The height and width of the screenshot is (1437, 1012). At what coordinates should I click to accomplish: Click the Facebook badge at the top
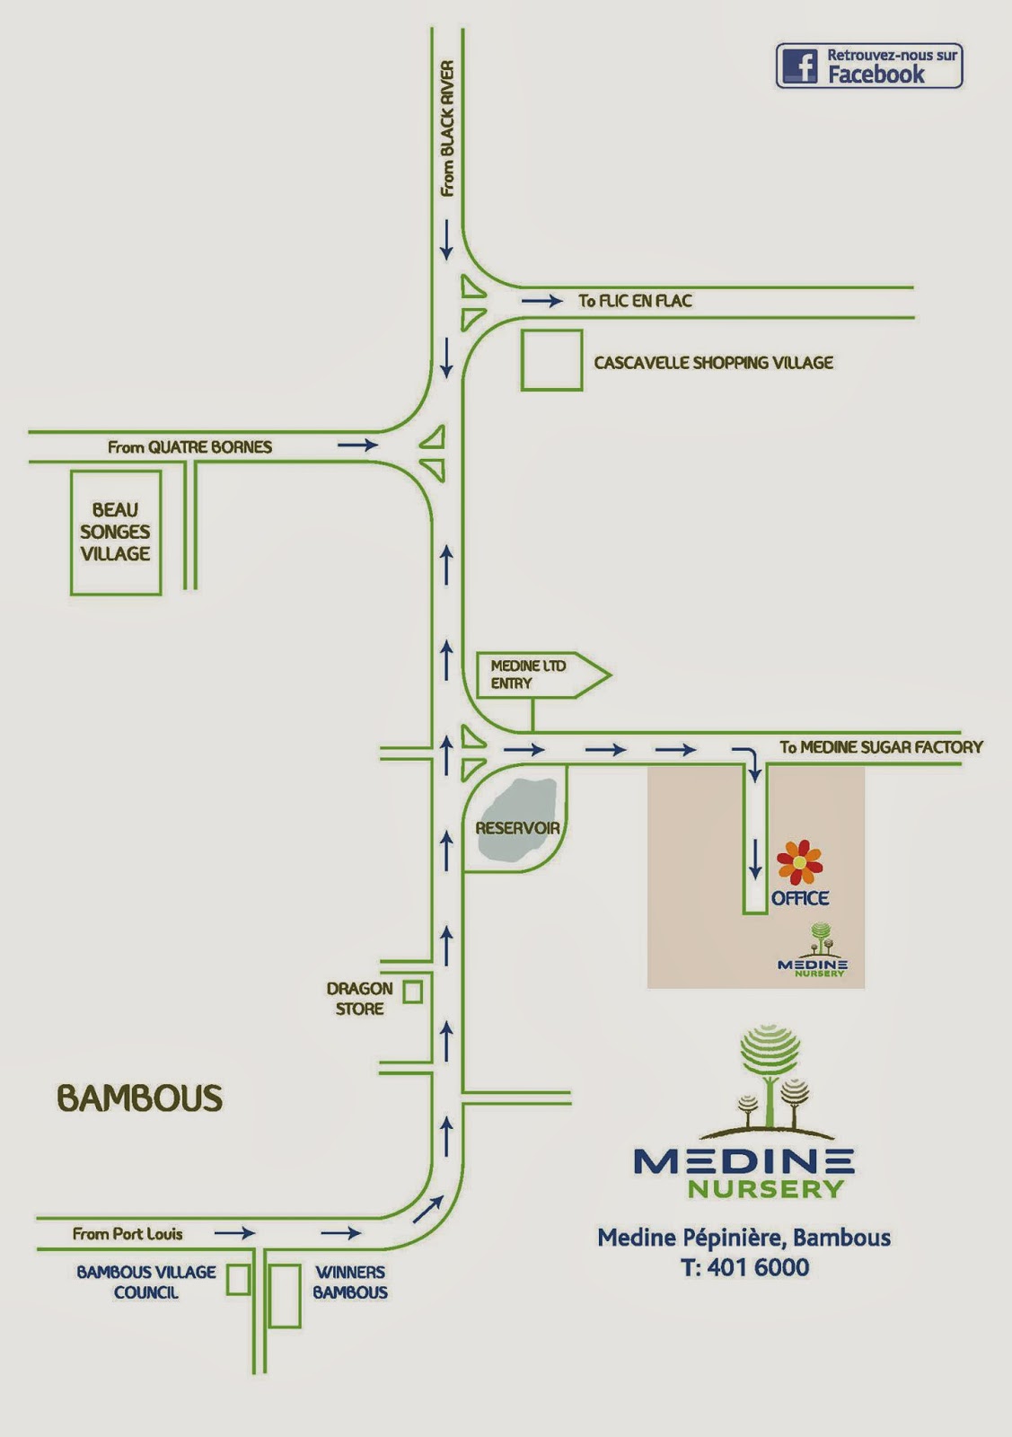point(868,66)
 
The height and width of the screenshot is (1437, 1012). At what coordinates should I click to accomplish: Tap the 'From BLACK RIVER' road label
point(447,128)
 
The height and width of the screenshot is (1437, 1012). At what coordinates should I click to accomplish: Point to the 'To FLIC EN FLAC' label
point(635,301)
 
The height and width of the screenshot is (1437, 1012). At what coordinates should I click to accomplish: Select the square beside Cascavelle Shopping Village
point(551,360)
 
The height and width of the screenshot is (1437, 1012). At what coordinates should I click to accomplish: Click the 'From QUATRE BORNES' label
point(189,446)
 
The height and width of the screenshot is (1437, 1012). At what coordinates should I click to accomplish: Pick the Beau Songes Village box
point(116,533)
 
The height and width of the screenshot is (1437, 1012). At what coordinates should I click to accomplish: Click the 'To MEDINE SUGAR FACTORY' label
point(880,746)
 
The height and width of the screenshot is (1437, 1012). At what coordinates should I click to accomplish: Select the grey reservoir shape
point(516,822)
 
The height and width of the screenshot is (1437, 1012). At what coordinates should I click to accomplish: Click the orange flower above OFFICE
point(798,862)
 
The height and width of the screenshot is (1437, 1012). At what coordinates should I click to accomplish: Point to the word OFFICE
point(800,898)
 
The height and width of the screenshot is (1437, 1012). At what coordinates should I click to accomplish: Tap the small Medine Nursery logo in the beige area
point(812,952)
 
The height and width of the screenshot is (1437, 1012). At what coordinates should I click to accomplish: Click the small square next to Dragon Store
point(412,992)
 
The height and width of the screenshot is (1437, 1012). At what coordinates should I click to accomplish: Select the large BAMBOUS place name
point(139,1098)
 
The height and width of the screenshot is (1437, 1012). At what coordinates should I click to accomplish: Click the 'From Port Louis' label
point(128,1234)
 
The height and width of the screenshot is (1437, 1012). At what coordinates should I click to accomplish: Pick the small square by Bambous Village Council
point(238,1280)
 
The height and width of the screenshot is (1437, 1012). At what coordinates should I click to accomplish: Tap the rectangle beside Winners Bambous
point(285,1296)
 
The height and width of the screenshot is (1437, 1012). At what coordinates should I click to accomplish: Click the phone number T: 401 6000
point(744,1267)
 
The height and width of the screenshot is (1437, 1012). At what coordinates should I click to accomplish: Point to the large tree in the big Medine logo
point(770,1073)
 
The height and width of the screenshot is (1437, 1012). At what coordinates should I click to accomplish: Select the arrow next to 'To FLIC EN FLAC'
point(542,301)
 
